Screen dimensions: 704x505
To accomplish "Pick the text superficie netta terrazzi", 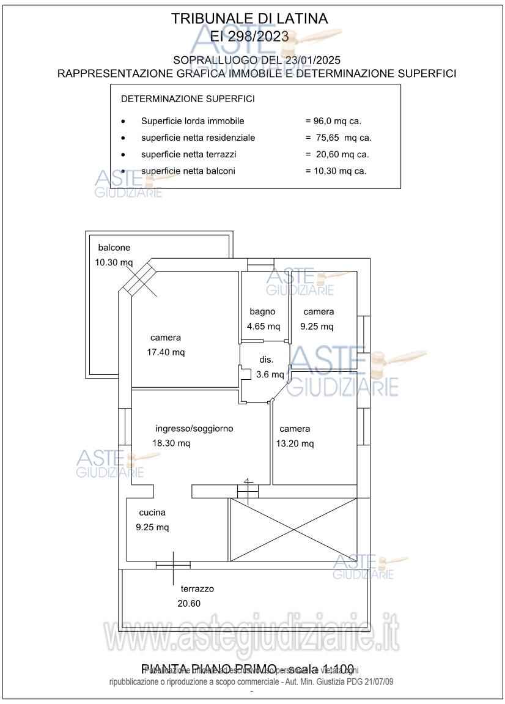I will pyautogui.click(x=188, y=154).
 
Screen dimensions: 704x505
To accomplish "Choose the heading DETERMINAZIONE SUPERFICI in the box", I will pyautogui.click(x=188, y=98).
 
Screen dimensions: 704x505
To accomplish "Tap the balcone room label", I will pyautogui.click(x=114, y=248).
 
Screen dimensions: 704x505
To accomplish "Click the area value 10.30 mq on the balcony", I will pyautogui.click(x=114, y=262).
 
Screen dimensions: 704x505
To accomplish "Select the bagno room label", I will pyautogui.click(x=262, y=311).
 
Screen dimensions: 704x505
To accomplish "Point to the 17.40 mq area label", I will pyautogui.click(x=166, y=352).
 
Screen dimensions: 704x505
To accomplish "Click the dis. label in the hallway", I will pyautogui.click(x=265, y=360).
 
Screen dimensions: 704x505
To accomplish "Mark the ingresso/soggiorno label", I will pyautogui.click(x=194, y=429).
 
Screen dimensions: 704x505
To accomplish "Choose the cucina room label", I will pyautogui.click(x=152, y=513).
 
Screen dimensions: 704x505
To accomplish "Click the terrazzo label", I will pyautogui.click(x=197, y=589).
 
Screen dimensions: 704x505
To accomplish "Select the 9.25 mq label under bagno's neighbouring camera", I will pyautogui.click(x=317, y=327).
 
